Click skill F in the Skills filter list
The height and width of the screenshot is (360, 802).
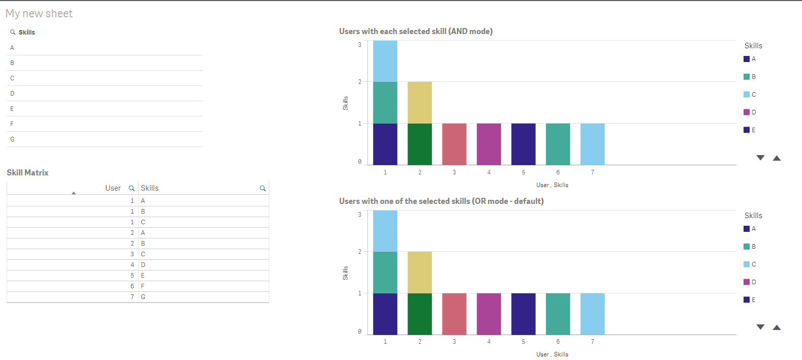click(x=12, y=124)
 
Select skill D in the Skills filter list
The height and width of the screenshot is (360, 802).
click(x=12, y=94)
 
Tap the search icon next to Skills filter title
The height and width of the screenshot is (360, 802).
click(x=13, y=32)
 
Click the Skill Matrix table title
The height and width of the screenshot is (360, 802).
click(x=28, y=173)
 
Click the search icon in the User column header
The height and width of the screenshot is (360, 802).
click(x=132, y=188)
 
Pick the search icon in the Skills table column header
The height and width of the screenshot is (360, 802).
click(x=263, y=188)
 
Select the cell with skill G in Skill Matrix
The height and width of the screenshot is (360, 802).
click(x=143, y=297)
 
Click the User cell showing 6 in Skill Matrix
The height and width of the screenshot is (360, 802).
click(x=132, y=286)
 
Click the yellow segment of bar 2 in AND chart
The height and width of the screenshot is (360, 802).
click(x=420, y=102)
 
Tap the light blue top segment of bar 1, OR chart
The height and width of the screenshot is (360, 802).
click(x=385, y=231)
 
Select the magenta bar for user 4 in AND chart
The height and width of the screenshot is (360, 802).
click(x=489, y=144)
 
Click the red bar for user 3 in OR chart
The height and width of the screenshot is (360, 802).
click(x=454, y=314)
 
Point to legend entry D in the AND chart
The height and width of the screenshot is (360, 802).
click(x=750, y=112)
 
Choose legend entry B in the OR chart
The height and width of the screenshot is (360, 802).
click(x=750, y=247)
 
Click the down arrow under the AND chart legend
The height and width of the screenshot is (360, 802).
click(x=760, y=158)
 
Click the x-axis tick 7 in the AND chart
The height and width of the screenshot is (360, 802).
click(x=593, y=172)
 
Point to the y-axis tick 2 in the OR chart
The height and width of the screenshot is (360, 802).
click(x=360, y=252)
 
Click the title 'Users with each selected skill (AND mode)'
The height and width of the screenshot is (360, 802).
click(x=416, y=32)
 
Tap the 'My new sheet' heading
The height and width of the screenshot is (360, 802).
click(x=39, y=14)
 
